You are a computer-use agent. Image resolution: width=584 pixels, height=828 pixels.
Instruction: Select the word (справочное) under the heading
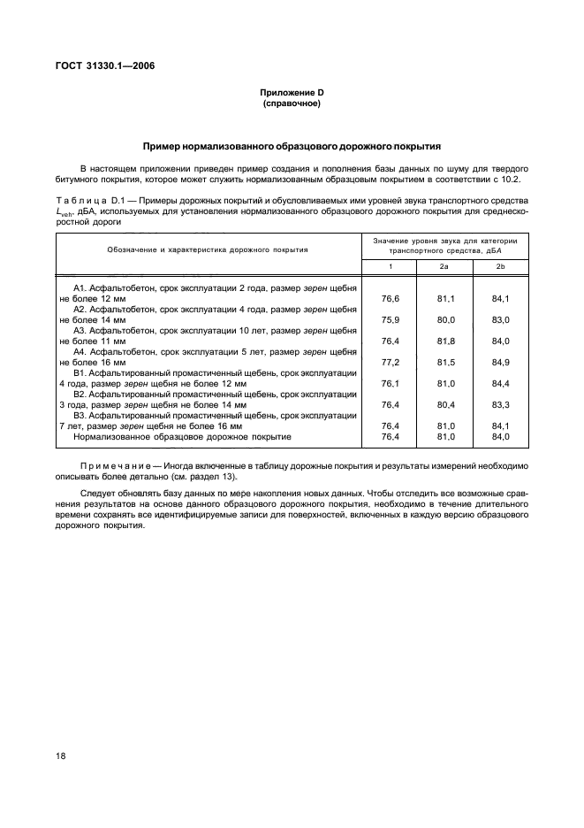291,104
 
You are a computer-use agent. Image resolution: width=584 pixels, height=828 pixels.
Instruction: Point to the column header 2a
444,266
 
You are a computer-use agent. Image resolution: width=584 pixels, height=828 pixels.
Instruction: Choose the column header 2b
501,266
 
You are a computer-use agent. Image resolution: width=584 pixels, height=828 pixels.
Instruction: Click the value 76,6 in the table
389,299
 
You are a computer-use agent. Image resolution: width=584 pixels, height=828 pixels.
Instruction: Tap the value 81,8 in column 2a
445,341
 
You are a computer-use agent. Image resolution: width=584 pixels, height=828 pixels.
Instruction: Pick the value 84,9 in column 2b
501,362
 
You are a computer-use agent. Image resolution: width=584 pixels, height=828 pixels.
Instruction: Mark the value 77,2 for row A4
389,362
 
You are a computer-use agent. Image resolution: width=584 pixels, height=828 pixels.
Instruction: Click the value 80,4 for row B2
445,404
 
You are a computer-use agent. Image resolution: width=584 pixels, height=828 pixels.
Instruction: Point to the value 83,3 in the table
501,404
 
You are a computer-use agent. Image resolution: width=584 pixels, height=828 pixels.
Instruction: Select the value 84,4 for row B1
501,383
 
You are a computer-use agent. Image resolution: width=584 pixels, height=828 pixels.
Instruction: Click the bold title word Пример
165,145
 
